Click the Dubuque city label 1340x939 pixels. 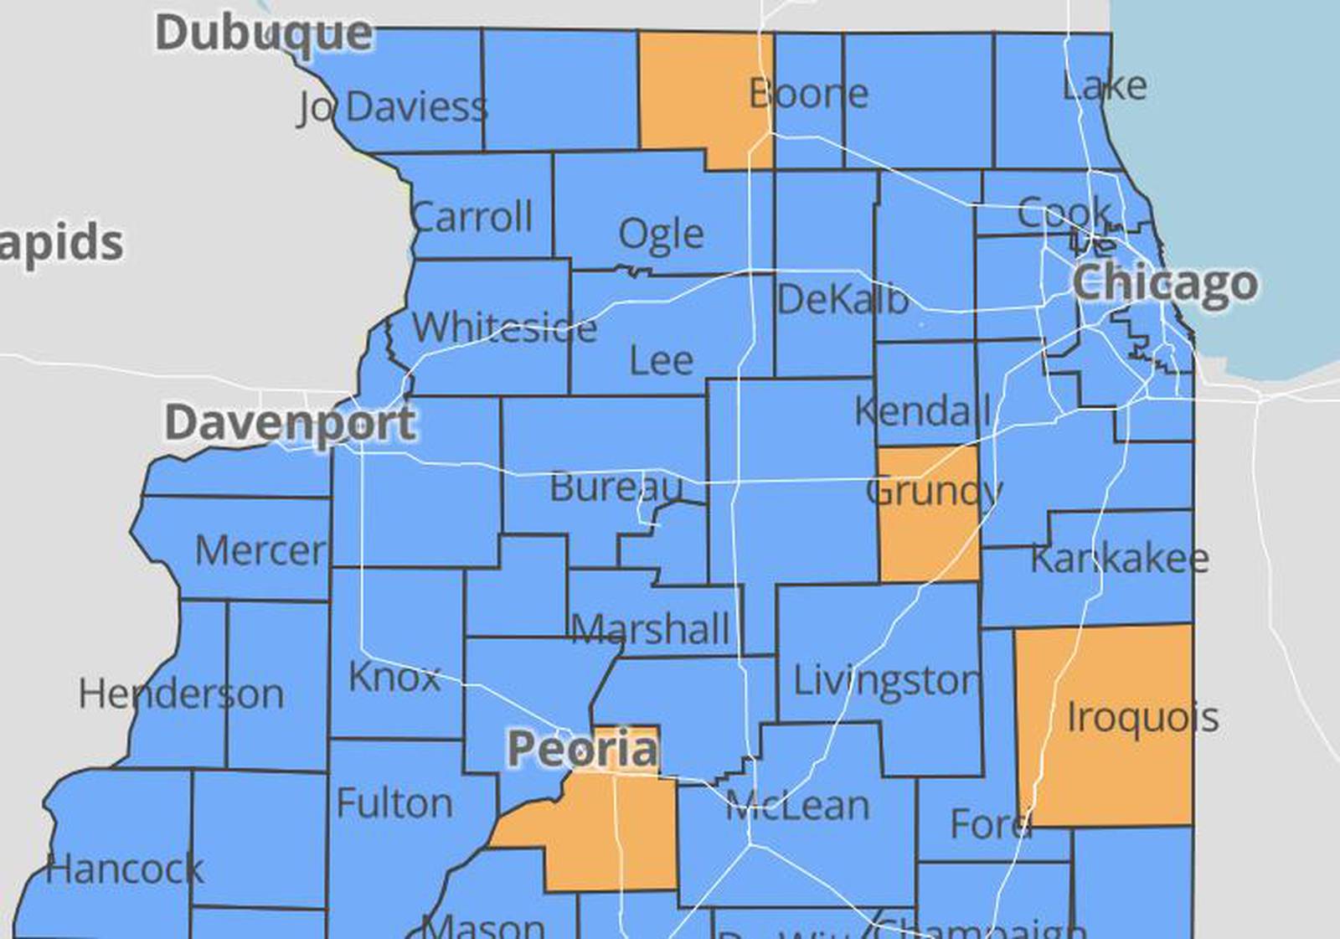coord(264,34)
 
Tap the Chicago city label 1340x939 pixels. coord(1164,283)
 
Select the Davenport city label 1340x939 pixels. coord(290,422)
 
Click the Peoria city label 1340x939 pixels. coord(582,748)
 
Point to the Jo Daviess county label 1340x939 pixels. coord(392,107)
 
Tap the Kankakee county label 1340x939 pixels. coord(1119,559)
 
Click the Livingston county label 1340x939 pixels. coord(886,680)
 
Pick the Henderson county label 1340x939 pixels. coord(181,694)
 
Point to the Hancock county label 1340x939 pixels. coord(124,869)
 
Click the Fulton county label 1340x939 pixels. coord(394,803)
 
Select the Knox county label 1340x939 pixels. coord(394,677)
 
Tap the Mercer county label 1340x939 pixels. coord(260,550)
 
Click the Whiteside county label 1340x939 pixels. coord(504,327)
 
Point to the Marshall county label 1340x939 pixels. coord(650,629)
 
